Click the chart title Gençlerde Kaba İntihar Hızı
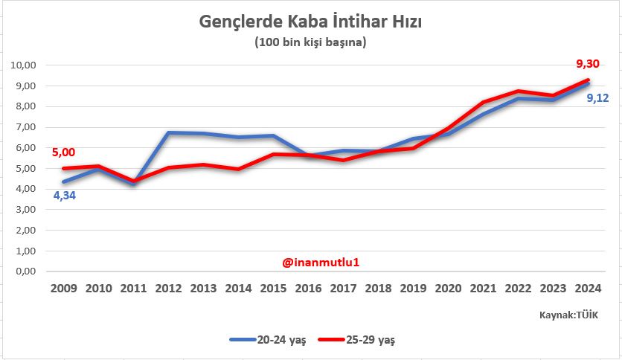tap(310, 22)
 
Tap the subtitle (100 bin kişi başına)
tap(310, 42)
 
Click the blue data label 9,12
tap(597, 97)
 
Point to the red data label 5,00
tap(63, 152)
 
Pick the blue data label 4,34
tap(64, 196)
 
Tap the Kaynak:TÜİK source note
tap(569, 315)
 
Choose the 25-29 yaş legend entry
tap(358, 340)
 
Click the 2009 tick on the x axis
tap(63, 288)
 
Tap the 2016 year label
tap(308, 288)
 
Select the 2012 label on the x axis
tap(168, 288)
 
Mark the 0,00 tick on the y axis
tap(26, 271)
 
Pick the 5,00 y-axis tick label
tap(26, 168)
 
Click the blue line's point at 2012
tap(169, 133)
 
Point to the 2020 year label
tap(448, 288)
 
